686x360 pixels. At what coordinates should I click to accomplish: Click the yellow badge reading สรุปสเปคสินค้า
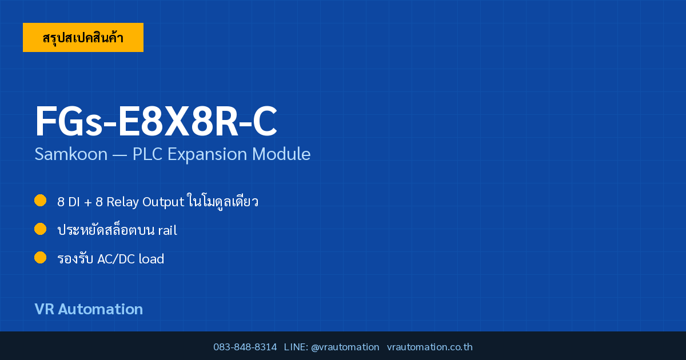(83, 37)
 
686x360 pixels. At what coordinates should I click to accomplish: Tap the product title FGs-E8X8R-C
(156, 121)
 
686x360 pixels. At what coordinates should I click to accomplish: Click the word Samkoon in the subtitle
(71, 154)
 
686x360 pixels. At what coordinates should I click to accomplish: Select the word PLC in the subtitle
(147, 154)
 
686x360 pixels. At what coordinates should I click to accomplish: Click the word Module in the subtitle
(281, 154)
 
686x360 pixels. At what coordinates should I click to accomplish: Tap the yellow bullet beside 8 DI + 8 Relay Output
(40, 201)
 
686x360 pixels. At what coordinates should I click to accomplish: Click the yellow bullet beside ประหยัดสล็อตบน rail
(40, 229)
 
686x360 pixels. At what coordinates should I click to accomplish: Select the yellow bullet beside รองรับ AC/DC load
(40, 258)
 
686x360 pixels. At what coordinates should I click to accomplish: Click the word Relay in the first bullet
(122, 202)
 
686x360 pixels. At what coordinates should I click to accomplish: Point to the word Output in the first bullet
(163, 202)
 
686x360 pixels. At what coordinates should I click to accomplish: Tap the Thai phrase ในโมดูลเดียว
(223, 201)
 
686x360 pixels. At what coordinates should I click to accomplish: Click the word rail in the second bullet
(167, 230)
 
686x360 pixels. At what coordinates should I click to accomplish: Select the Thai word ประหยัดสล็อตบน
(106, 230)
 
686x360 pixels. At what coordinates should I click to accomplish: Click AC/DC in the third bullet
(116, 259)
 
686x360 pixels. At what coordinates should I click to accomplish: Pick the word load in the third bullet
(151, 259)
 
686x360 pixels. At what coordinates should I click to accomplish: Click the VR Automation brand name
(89, 309)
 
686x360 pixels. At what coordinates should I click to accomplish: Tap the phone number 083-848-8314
(245, 347)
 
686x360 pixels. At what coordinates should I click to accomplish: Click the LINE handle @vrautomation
(345, 347)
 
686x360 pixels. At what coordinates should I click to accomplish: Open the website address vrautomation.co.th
(430, 347)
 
